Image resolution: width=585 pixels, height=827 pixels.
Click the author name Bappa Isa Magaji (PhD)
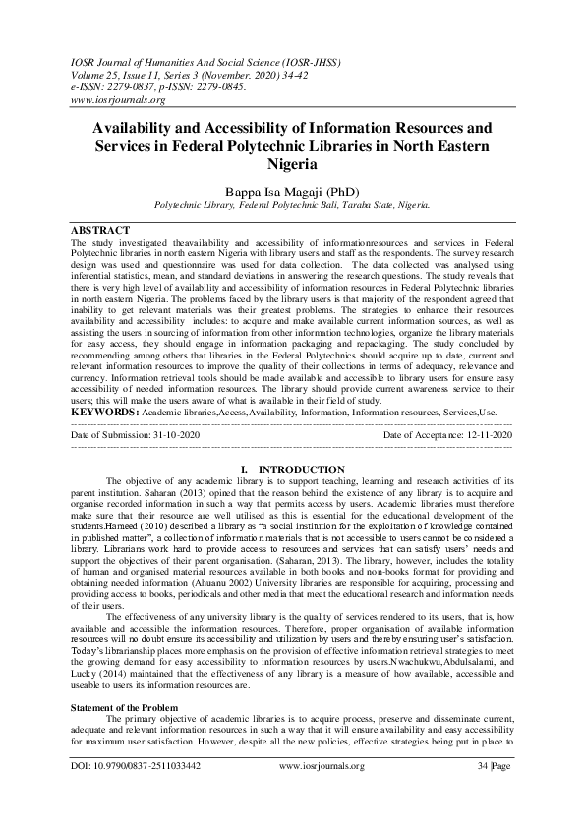[292, 191]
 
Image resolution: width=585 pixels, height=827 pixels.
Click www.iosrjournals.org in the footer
[292, 792]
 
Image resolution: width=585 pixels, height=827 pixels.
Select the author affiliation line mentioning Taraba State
[292, 206]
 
